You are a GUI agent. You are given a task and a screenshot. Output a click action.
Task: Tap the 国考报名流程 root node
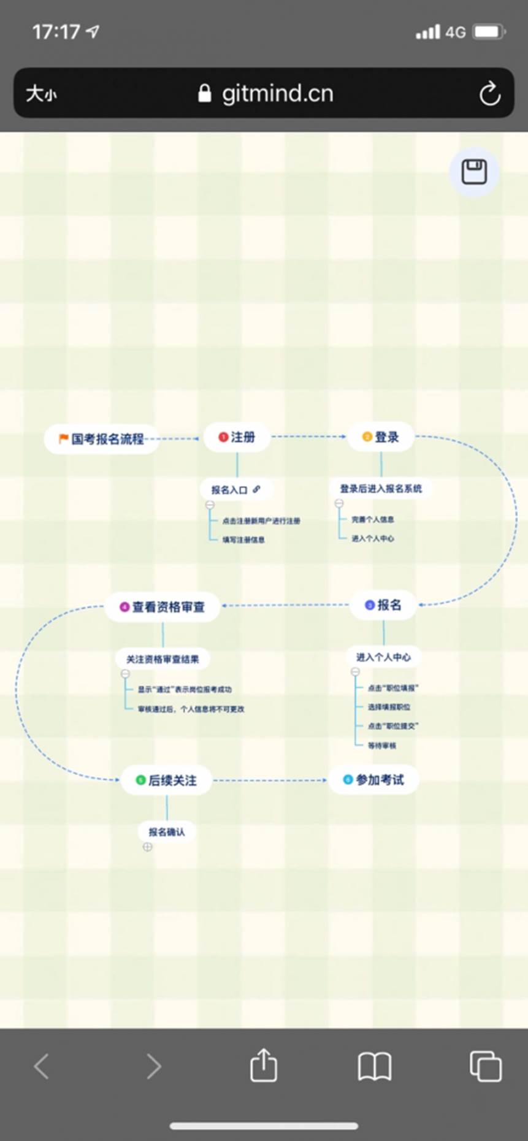(102, 439)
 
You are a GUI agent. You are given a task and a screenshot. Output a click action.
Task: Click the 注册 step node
(237, 437)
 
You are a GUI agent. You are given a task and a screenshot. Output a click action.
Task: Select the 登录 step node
(381, 437)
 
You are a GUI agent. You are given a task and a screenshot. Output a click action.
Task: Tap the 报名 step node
(383, 605)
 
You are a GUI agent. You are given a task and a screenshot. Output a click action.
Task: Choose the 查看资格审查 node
(163, 607)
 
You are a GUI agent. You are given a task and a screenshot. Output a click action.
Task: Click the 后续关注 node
(166, 780)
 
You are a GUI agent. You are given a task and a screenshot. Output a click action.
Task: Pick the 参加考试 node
(374, 780)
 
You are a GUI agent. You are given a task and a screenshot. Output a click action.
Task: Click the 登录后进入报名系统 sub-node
(381, 489)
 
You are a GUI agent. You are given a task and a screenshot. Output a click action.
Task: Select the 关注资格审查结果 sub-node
(163, 660)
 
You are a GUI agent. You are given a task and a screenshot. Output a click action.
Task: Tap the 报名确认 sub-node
(167, 832)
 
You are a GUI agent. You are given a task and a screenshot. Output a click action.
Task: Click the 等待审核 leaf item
(382, 746)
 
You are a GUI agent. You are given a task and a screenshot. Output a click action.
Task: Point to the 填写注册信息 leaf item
(243, 540)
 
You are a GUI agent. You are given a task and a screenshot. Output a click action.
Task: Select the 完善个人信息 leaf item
(373, 520)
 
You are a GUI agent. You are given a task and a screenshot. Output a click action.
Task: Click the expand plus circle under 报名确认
(147, 847)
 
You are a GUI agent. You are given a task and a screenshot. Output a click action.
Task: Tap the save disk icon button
(474, 172)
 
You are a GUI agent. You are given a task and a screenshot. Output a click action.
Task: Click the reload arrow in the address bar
(489, 94)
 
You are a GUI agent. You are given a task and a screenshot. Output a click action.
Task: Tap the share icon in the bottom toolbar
(264, 1066)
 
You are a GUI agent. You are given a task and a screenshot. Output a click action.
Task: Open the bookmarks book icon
(374, 1066)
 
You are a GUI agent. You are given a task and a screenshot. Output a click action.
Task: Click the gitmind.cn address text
(277, 94)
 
